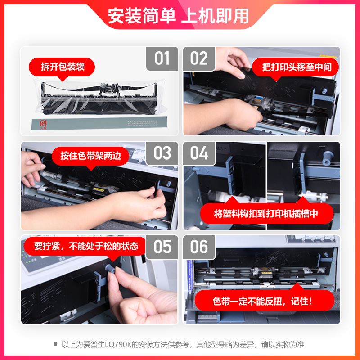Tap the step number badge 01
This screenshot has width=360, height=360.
coord(162,59)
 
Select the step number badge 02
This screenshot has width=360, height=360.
coord(199,59)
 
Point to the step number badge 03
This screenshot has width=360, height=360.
coord(162,153)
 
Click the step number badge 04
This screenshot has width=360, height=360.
coord(199,153)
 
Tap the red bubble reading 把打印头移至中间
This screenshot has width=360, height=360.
coord(297,67)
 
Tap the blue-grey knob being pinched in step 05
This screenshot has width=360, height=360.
coord(108,269)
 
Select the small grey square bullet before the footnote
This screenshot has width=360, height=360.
coord(55,344)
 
